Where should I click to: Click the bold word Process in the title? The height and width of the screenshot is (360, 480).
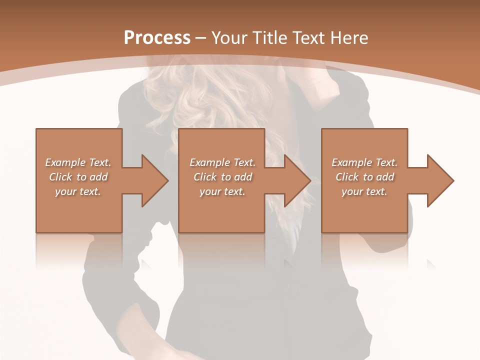pyautogui.click(x=157, y=37)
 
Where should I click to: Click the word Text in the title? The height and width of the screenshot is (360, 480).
pyautogui.click(x=308, y=37)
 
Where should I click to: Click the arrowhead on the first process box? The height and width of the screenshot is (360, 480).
pyautogui.click(x=152, y=180)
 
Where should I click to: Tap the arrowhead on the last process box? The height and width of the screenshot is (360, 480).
pyautogui.click(x=437, y=180)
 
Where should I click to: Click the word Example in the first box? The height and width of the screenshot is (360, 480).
pyautogui.click(x=65, y=162)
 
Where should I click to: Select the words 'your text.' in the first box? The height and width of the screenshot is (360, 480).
pyautogui.click(x=78, y=191)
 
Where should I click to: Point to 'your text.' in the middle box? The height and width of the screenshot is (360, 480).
pyautogui.click(x=222, y=191)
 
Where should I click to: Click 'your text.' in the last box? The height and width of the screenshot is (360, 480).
pyautogui.click(x=364, y=191)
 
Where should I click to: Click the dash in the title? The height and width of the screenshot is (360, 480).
pyautogui.click(x=201, y=38)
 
